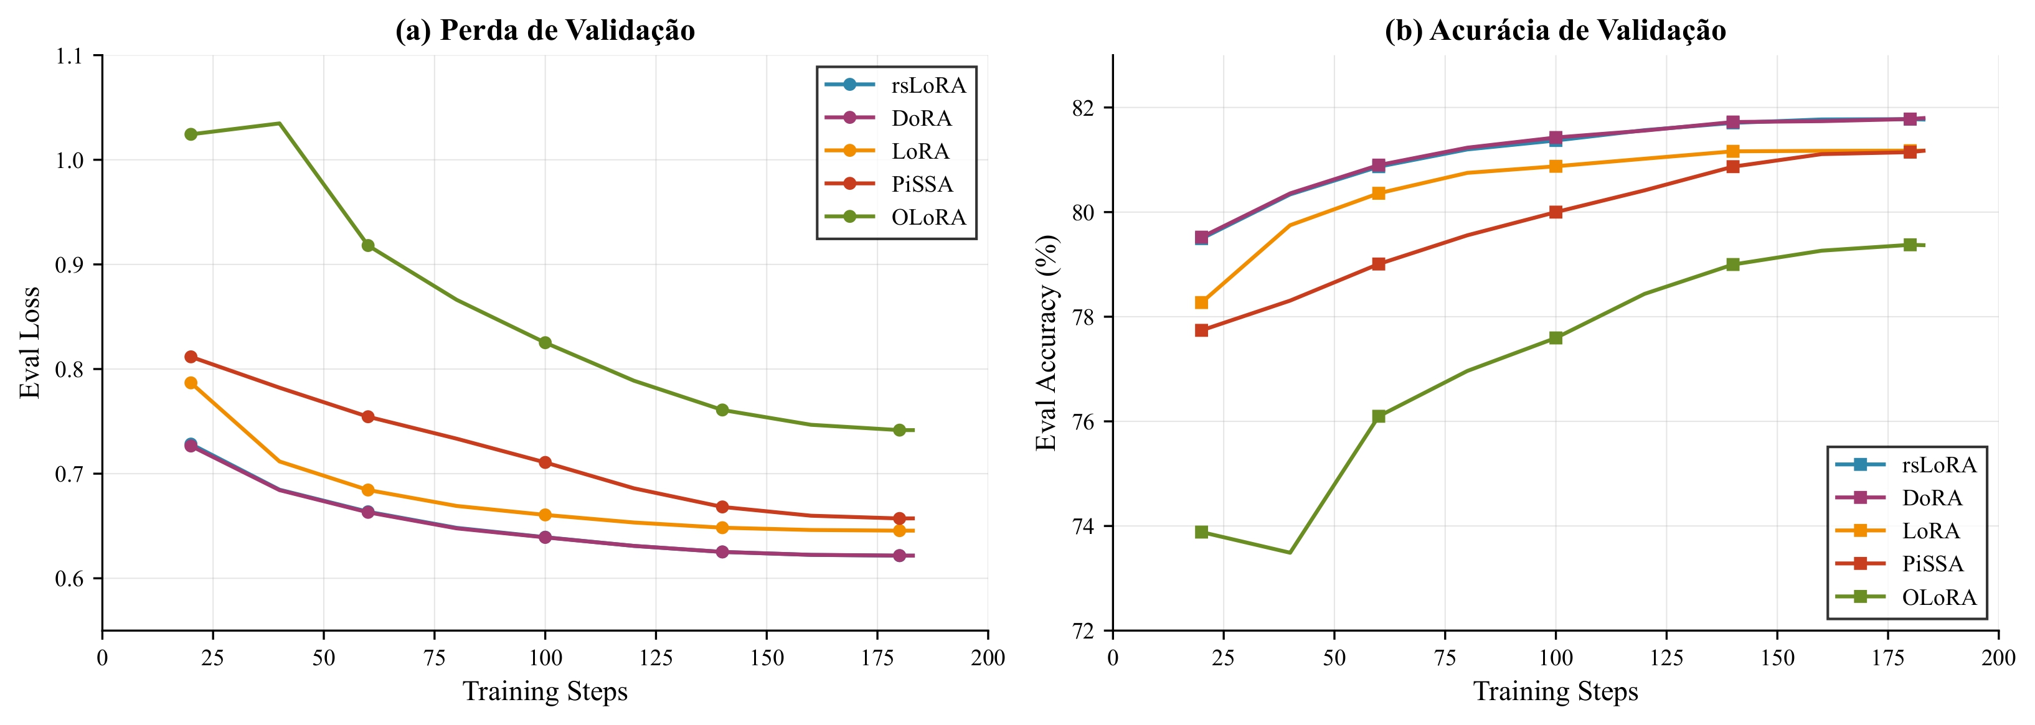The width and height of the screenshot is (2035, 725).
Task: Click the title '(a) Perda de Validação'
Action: tap(545, 30)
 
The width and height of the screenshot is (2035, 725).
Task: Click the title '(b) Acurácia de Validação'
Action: tap(1555, 30)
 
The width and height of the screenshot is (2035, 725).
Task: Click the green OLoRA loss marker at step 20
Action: tap(191, 134)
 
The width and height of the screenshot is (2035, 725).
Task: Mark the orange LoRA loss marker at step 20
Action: tap(191, 383)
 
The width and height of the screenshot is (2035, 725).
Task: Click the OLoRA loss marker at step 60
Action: tap(368, 246)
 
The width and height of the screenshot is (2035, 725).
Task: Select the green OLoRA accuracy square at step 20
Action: tap(1202, 532)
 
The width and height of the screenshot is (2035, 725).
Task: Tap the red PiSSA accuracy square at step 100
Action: tap(1556, 212)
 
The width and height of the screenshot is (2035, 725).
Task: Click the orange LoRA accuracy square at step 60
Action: tap(1379, 193)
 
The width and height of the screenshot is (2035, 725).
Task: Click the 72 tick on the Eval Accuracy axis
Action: tap(1084, 631)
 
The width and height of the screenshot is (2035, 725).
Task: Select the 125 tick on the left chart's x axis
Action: tap(656, 658)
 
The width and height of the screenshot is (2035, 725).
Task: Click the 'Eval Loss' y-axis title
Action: tap(30, 343)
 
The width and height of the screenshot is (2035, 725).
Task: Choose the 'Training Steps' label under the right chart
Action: tap(1555, 692)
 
